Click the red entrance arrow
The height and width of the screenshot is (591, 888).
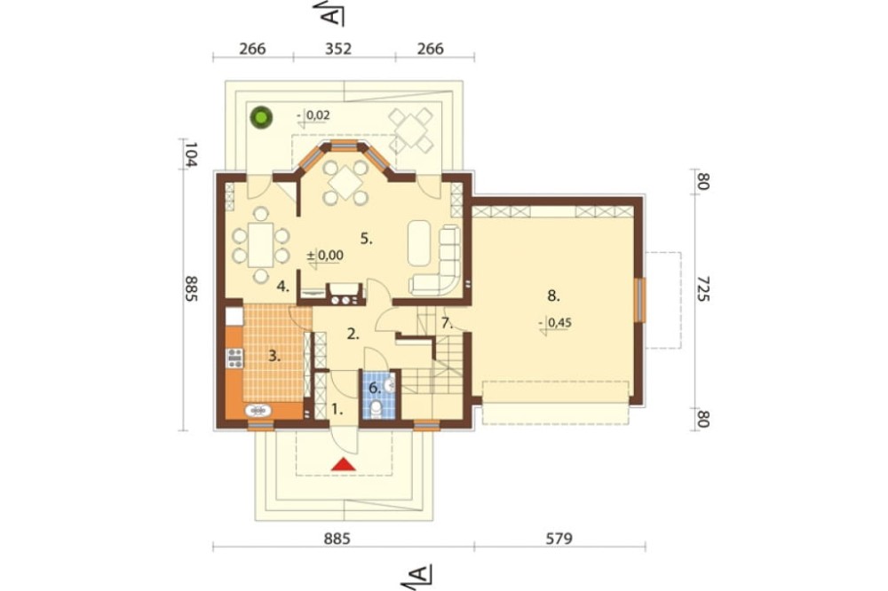point(343,464)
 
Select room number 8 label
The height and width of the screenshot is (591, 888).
point(554,295)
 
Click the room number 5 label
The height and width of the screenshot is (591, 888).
point(367,239)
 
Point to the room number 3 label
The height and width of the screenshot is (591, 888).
point(274,357)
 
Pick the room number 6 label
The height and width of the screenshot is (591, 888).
point(375,389)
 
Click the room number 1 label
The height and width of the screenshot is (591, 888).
point(337,409)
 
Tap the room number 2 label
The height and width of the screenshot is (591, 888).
point(353,334)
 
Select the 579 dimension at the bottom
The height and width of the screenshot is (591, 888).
point(559,538)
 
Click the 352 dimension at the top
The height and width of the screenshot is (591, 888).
point(338,49)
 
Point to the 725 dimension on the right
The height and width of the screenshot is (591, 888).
point(702,288)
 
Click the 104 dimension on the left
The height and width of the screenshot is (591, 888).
point(190,154)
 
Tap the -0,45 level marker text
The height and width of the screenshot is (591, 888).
point(555,323)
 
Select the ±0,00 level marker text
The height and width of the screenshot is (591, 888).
point(325,256)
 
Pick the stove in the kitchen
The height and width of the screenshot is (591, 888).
point(234,359)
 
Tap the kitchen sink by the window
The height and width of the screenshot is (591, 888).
point(258,410)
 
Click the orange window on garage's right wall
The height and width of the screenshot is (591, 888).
point(640,300)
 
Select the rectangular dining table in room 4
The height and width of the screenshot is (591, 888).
point(260,245)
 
